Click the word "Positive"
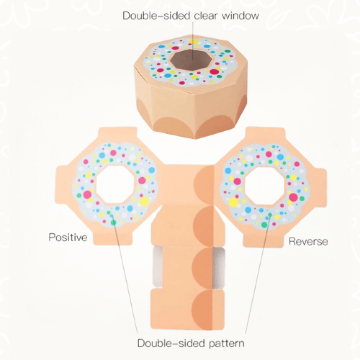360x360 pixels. point(68,237)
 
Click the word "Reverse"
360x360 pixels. point(308,241)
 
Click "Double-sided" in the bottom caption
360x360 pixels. point(171,343)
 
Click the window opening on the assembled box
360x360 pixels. point(192,59)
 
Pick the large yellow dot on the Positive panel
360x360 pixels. point(144,201)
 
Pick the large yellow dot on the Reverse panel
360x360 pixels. point(233,202)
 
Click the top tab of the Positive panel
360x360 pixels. point(118,132)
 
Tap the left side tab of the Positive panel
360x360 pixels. point(61,184)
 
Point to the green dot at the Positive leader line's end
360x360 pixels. point(114,222)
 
